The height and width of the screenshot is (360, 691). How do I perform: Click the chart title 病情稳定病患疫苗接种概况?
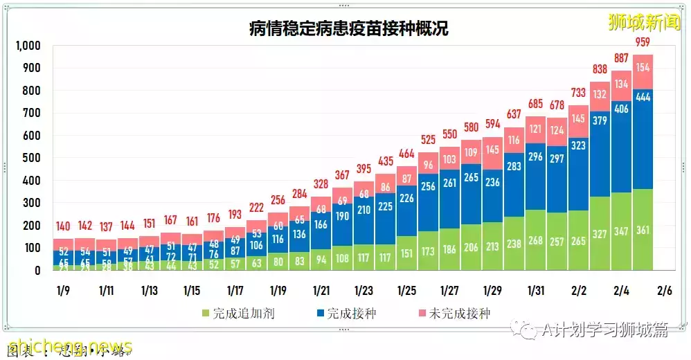pyautogui.click(x=348, y=28)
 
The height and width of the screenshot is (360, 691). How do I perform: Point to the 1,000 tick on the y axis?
pyautogui.click(x=28, y=46)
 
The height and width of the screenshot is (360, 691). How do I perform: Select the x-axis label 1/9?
pyautogui.click(x=64, y=289)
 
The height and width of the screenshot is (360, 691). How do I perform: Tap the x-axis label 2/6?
pyautogui.click(x=664, y=289)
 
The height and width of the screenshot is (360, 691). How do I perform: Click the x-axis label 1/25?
pyautogui.click(x=406, y=289)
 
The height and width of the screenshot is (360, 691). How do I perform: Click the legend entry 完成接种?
pyautogui.click(x=350, y=314)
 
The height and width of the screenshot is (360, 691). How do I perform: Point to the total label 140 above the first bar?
pyautogui.click(x=64, y=226)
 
